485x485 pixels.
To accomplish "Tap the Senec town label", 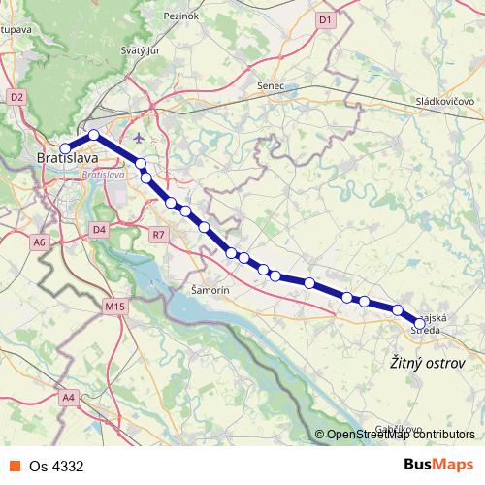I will tap(271, 86).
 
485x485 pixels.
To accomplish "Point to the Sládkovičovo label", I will tap(444, 101).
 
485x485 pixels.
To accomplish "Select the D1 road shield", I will tap(325, 19).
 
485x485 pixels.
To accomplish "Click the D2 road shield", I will tap(16, 97).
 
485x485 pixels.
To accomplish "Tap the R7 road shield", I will tap(159, 234).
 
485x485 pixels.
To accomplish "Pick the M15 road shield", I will tap(114, 307).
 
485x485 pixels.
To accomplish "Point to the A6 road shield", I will tap(40, 242).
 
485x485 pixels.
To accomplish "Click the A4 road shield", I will tap(68, 397).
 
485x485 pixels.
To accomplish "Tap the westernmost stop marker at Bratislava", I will tap(65, 149).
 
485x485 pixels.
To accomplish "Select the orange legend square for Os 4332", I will tap(15, 466).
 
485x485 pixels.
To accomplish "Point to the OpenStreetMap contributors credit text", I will tap(399, 436).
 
